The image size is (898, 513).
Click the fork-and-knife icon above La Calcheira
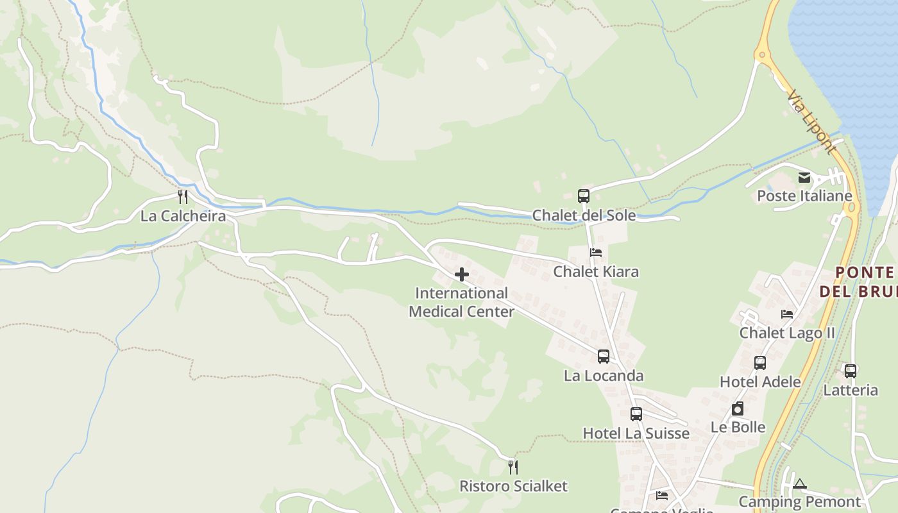pyautogui.click(x=183, y=196)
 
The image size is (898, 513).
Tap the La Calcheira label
pyautogui.click(x=183, y=216)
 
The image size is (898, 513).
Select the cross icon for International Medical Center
pyautogui.click(x=461, y=275)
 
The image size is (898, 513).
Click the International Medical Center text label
pyautogui.click(x=461, y=303)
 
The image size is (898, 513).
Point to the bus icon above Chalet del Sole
pyautogui.click(x=583, y=196)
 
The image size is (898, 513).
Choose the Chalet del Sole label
pyautogui.click(x=584, y=215)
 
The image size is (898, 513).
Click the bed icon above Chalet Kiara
pyautogui.click(x=596, y=253)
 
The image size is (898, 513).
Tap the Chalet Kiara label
pyautogui.click(x=596, y=272)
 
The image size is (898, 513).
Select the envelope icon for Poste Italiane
pyautogui.click(x=804, y=178)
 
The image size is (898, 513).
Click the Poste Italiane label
pyautogui.click(x=804, y=196)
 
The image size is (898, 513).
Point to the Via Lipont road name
pyautogui.click(x=812, y=122)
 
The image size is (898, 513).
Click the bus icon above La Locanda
pyautogui.click(x=603, y=357)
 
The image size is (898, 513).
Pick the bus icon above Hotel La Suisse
pyautogui.click(x=636, y=414)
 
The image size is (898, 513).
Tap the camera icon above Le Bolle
pyautogui.click(x=738, y=408)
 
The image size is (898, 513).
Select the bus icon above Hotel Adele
pyautogui.click(x=760, y=363)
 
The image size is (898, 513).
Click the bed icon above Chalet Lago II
pyautogui.click(x=787, y=314)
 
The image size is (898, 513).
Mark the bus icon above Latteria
pyautogui.click(x=850, y=371)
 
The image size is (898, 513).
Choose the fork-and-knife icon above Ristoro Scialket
pyautogui.click(x=513, y=467)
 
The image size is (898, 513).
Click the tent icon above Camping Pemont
pyautogui.click(x=799, y=484)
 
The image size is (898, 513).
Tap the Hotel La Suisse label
pyautogui.click(x=636, y=433)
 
